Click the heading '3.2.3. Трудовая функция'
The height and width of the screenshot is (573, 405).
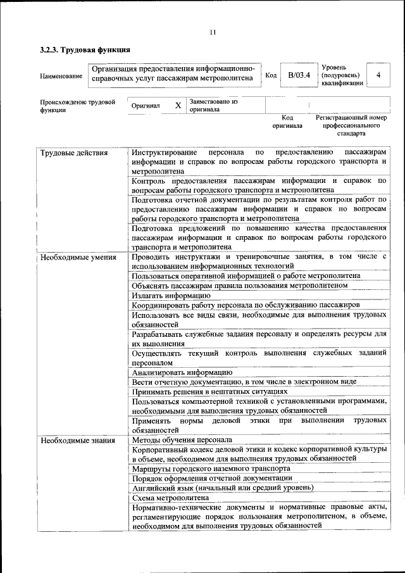[85, 49]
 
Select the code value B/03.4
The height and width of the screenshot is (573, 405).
[299, 75]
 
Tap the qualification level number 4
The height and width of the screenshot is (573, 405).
[378, 75]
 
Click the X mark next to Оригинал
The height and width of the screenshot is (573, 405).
[178, 105]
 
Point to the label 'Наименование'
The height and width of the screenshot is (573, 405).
[61, 76]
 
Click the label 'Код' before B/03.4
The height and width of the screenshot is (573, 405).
[271, 75]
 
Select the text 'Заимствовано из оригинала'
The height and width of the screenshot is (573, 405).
[213, 105]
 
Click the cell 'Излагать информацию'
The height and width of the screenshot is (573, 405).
[171, 295]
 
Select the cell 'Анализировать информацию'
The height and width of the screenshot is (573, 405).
[182, 373]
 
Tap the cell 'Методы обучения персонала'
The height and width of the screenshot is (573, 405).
[182, 439]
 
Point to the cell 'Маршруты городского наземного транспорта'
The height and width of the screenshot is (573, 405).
[211, 469]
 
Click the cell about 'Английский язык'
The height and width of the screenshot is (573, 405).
[222, 488]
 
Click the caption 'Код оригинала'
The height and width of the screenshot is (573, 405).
[287, 122]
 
